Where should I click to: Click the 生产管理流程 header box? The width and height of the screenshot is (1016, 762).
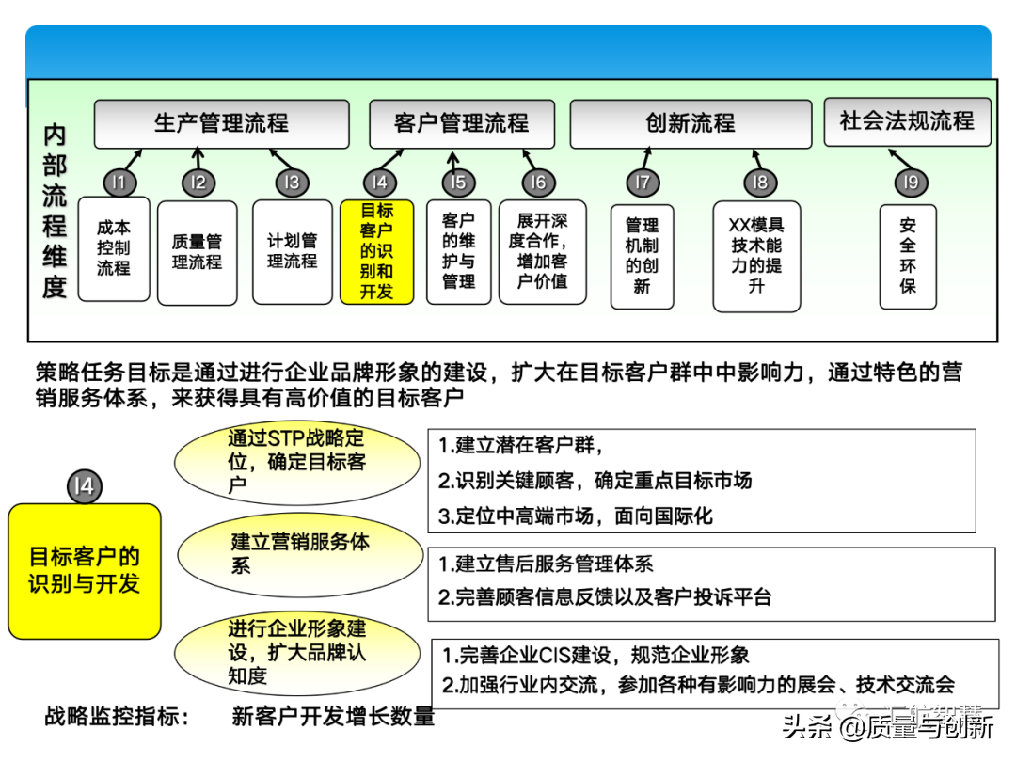221,124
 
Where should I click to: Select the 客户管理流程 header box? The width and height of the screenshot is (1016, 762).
461,124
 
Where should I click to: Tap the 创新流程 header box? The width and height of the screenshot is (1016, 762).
691,124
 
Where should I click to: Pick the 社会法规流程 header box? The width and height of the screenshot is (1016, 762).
907,121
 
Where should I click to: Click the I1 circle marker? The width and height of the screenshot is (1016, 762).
120,183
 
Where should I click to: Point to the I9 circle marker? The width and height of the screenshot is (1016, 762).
907,183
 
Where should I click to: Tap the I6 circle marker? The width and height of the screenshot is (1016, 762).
537,183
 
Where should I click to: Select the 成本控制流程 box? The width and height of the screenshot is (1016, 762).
114,248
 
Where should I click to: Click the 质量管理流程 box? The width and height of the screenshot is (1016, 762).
197,252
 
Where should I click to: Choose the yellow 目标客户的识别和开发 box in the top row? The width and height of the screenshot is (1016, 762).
376,251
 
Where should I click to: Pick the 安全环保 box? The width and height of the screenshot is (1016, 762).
908,256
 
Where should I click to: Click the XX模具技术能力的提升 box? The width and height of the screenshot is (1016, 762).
756,256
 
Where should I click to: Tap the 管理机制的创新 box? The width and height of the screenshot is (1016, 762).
642,256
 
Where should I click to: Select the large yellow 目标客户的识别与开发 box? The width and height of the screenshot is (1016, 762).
85,571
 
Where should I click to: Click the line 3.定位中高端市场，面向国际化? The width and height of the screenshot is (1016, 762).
576,516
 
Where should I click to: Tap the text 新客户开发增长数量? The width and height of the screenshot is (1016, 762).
333,717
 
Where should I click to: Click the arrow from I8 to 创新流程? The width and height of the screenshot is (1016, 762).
755,159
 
